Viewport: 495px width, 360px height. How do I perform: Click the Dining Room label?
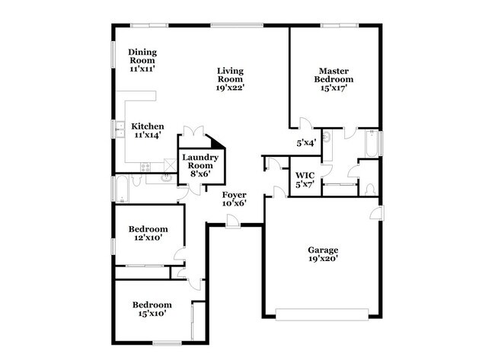click(142, 56)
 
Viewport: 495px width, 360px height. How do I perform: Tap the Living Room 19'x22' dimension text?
click(230, 88)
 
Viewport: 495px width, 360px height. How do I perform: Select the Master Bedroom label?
click(334, 75)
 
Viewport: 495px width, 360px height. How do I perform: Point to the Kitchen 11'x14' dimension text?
click(148, 135)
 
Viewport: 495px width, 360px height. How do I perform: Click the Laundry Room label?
click(200, 161)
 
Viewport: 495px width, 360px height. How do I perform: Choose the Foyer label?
click(235, 195)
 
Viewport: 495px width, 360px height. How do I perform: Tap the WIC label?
click(305, 175)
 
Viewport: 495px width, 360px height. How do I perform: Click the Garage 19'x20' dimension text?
click(323, 259)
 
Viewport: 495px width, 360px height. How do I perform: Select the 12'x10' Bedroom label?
click(148, 229)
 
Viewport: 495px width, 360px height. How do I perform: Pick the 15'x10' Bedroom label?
click(152, 304)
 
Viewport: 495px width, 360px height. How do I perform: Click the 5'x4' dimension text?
click(306, 143)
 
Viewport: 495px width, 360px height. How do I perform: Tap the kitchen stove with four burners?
click(145, 167)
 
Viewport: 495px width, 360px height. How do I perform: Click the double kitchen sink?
click(120, 129)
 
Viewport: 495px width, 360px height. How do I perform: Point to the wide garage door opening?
click(322, 314)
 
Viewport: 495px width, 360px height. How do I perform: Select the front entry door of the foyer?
click(233, 221)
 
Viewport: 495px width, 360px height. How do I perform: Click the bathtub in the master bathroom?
click(372, 143)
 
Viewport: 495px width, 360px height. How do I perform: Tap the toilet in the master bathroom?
click(369, 189)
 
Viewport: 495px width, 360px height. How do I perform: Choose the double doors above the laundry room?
click(193, 131)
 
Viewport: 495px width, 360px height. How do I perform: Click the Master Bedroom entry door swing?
click(305, 123)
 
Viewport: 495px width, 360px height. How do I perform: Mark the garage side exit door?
click(377, 212)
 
